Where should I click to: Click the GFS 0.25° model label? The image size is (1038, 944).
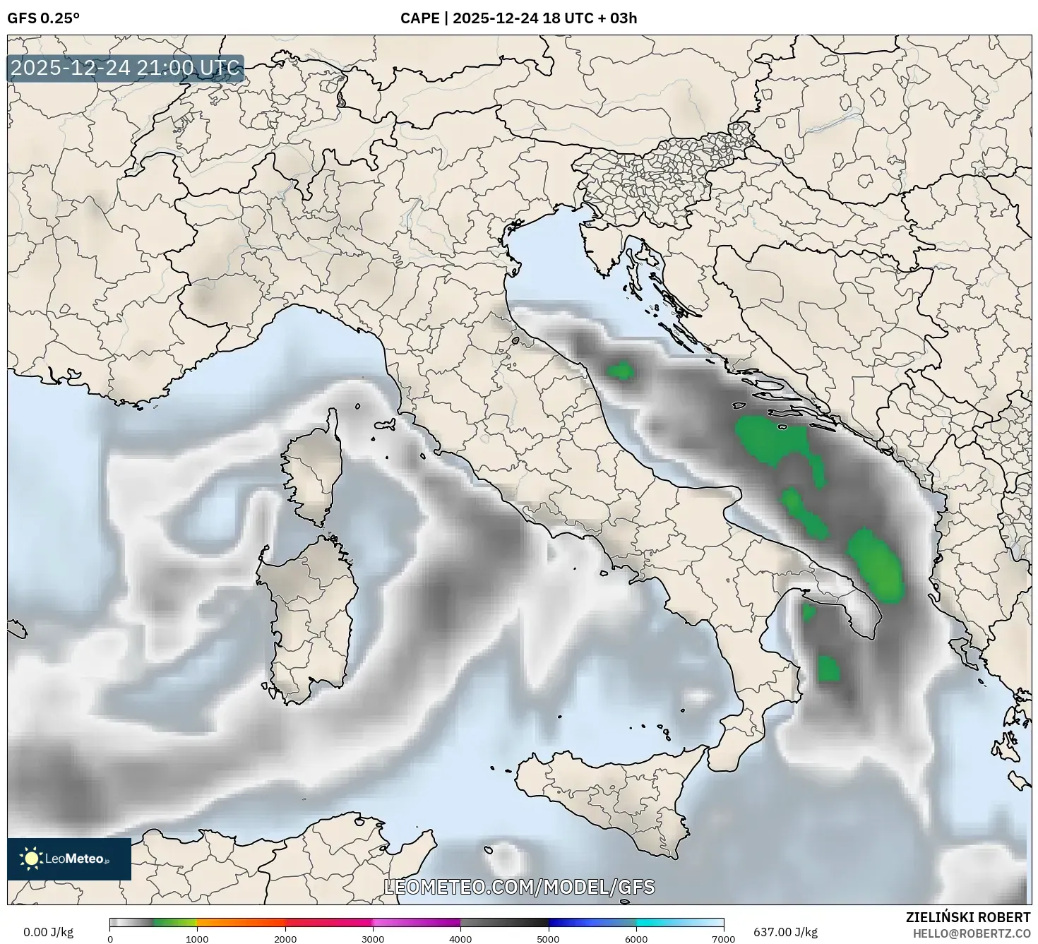43,18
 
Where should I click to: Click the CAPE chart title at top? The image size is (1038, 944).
518,18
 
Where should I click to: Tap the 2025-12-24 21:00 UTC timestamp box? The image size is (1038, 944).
126,68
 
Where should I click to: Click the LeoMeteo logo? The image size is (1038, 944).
69,859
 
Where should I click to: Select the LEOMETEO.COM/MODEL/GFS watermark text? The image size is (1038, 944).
519,887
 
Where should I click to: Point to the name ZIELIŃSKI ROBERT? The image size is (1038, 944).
967,917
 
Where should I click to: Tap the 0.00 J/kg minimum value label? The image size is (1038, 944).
48,932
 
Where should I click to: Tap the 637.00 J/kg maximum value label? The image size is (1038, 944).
785,932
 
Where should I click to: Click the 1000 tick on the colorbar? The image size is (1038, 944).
197,938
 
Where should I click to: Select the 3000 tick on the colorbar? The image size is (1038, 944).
373,938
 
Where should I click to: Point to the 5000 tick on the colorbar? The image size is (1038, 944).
549,938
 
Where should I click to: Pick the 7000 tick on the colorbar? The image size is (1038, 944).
724,938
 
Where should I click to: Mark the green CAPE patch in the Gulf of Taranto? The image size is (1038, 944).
828,668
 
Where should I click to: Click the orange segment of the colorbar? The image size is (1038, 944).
240,922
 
